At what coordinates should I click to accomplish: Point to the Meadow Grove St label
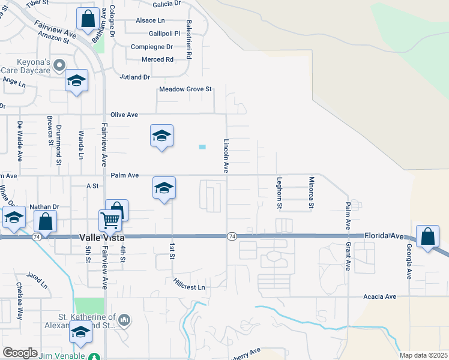[x=186, y=89]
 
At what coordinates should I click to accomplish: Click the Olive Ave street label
[x=124, y=115]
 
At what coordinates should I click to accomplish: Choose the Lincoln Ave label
[x=226, y=156]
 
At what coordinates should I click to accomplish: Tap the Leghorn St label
[x=280, y=193]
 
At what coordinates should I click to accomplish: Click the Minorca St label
[x=311, y=193]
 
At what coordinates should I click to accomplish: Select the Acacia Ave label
[x=380, y=296]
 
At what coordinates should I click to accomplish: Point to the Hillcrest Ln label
[x=189, y=283]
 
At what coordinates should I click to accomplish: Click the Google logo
[x=20, y=353]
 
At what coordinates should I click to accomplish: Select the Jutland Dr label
[x=134, y=77]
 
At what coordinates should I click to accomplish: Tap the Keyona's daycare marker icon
[x=59, y=64]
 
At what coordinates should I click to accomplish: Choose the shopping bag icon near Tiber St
[x=88, y=19]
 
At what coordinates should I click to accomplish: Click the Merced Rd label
[x=157, y=59]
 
